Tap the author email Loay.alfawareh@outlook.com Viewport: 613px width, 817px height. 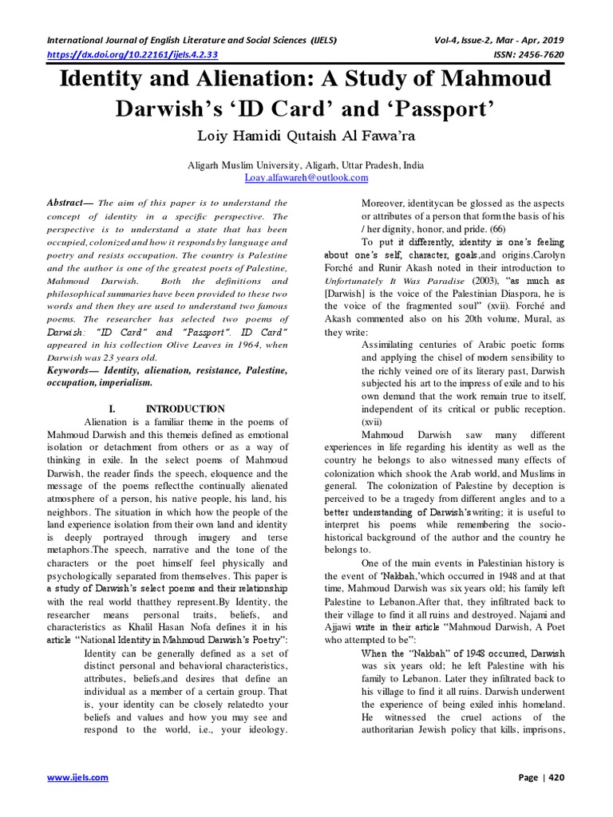306,177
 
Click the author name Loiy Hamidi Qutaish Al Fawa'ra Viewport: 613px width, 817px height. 306,136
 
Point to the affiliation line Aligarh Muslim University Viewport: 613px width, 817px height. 306,164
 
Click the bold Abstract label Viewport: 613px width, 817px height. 69,203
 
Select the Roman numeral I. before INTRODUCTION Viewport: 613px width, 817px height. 135,408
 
